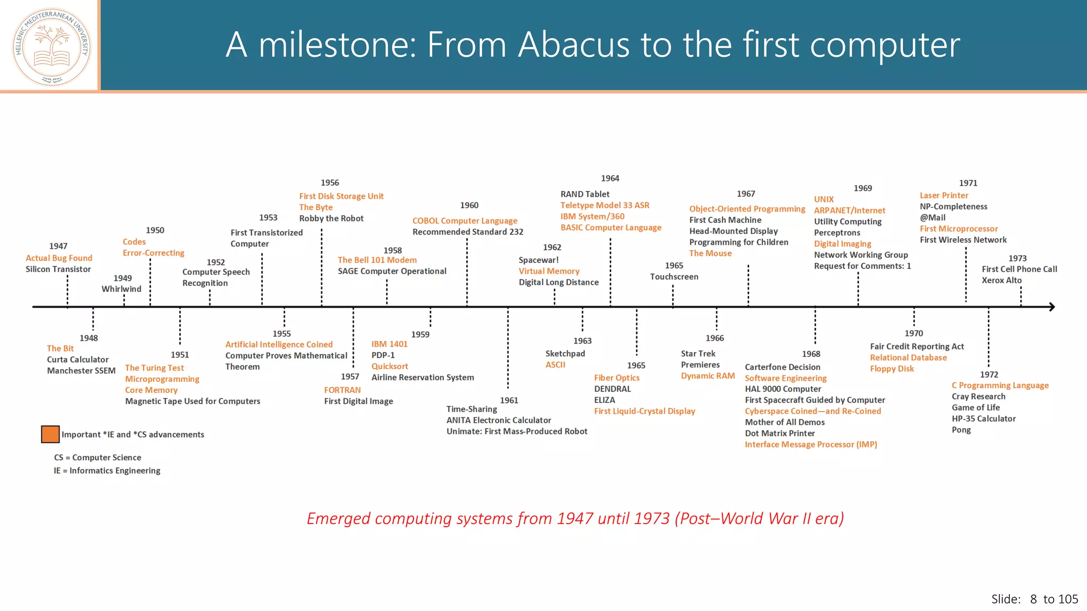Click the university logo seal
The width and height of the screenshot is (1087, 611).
(51, 47)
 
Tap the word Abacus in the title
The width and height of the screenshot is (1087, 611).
(573, 45)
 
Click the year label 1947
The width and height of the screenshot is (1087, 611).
(58, 246)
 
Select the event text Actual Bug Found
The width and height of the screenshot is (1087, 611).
(59, 258)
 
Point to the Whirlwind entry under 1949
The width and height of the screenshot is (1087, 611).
(122, 289)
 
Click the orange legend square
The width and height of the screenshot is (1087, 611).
(50, 434)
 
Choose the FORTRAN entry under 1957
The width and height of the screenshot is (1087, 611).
(342, 390)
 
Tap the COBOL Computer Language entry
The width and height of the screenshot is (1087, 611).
(465, 221)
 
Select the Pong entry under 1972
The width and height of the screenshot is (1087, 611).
(961, 430)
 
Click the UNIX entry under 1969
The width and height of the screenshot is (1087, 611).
(824, 199)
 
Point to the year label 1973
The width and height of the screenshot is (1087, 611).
(1017, 258)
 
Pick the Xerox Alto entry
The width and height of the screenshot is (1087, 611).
(1002, 280)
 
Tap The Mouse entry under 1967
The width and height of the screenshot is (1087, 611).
(710, 254)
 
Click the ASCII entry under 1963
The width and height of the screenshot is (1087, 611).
(555, 365)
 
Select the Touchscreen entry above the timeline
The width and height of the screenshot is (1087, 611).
(674, 277)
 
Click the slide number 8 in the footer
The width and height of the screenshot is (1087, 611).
(1033, 599)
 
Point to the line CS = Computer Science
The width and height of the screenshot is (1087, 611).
(98, 457)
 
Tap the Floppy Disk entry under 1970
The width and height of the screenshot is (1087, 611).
(892, 369)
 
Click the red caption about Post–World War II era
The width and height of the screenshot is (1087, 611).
(575, 518)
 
